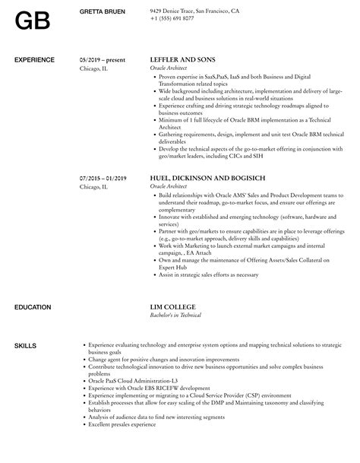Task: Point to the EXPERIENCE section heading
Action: pos(35,59)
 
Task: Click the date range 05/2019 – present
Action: pos(102,59)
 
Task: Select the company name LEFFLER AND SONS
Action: pos(183,59)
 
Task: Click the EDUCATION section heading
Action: pos(33,306)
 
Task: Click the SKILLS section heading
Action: pos(27,346)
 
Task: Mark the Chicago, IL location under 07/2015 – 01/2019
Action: pos(93,186)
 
